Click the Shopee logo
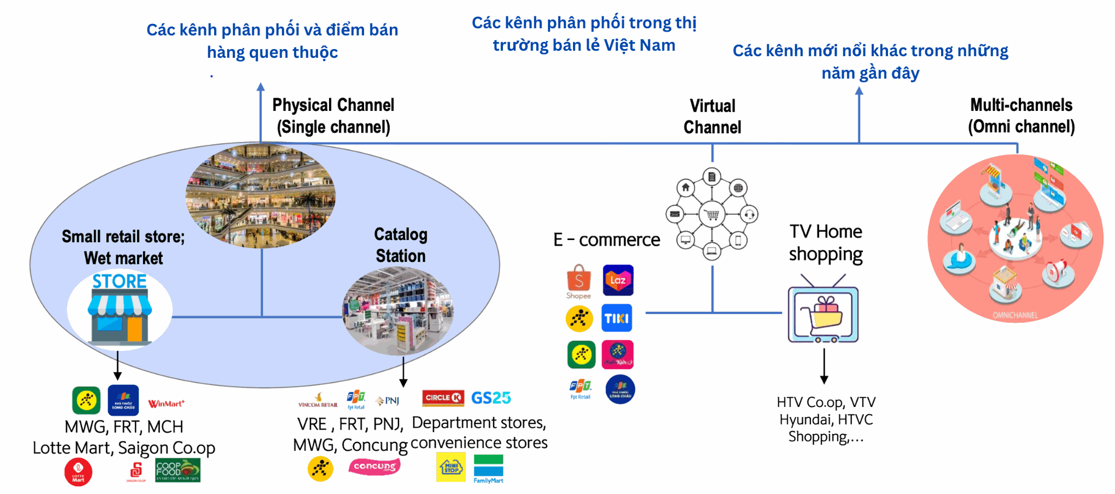578,281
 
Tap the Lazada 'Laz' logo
618,280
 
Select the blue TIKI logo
617,318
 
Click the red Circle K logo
443,398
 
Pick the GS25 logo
491,398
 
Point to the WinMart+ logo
166,403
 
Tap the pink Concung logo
374,467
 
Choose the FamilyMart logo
488,469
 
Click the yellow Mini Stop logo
451,467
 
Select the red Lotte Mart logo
78,472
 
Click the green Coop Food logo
177,470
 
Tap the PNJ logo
388,401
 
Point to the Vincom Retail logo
317,401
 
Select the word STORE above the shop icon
120,281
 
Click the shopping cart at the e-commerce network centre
712,214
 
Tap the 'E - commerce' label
606,239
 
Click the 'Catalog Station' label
400,245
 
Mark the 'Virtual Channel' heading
712,117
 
